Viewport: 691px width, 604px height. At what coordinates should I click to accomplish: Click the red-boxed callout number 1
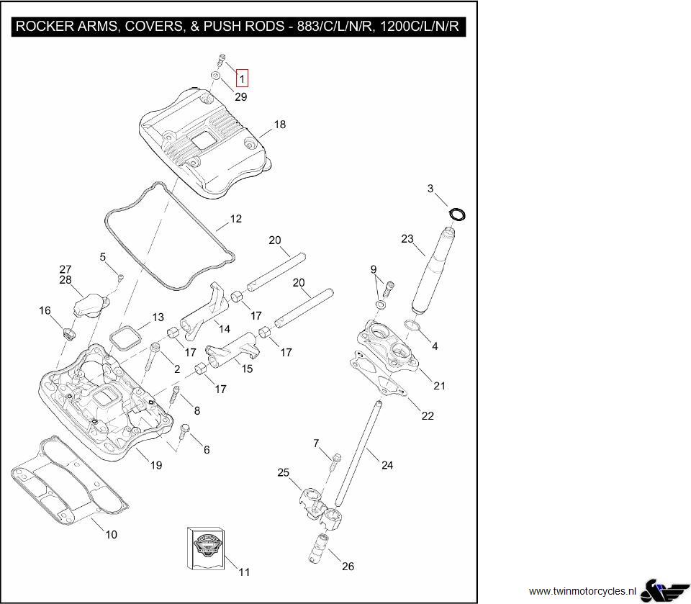pos(243,78)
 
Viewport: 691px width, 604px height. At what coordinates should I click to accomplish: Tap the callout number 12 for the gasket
pos(235,219)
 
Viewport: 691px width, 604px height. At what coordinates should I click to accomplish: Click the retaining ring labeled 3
pos(457,214)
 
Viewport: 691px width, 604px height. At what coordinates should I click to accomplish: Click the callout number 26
pos(348,567)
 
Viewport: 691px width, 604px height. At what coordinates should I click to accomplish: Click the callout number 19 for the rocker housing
pos(156,465)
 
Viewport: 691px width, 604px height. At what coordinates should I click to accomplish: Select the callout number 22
pos(428,416)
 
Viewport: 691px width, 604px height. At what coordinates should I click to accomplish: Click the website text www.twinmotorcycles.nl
pos(582,590)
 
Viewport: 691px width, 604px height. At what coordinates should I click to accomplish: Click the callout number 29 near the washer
pos(241,96)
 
